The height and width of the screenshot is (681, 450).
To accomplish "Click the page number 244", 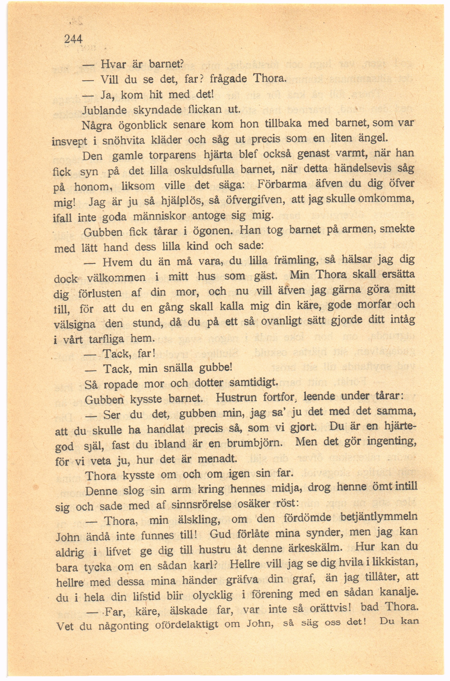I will click(73, 39).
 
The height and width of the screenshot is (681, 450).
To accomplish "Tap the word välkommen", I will click(116, 278).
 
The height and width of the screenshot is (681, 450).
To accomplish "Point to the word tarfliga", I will click(107, 339).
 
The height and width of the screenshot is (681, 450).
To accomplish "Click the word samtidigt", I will click(254, 383).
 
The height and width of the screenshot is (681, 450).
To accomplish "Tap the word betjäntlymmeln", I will click(379, 517).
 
